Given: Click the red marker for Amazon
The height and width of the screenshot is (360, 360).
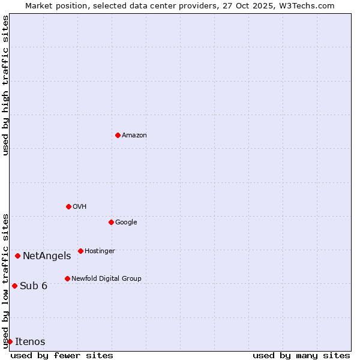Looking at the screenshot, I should pyautogui.click(x=118, y=135).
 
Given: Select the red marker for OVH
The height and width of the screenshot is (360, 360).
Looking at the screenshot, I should pyautogui.click(x=68, y=206).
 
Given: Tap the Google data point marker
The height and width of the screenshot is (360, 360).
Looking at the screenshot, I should pyautogui.click(x=111, y=222).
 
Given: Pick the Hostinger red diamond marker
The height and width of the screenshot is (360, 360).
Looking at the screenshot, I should pyautogui.click(x=80, y=251).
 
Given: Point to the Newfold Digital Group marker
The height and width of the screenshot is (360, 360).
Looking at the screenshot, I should pyautogui.click(x=67, y=278).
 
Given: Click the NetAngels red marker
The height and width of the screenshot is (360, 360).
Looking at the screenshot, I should pyautogui.click(x=17, y=256).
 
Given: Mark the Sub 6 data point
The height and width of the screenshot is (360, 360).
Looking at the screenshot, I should pyautogui.click(x=14, y=286).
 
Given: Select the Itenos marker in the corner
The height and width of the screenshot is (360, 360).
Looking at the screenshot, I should pyautogui.click(x=10, y=341).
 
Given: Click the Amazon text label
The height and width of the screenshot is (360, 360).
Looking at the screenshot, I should pyautogui.click(x=134, y=135).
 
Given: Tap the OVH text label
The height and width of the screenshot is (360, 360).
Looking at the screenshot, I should pyautogui.click(x=80, y=206).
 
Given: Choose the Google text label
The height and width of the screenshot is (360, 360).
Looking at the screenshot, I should pyautogui.click(x=126, y=222).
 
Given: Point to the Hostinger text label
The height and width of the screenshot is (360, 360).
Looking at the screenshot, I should pyautogui.click(x=100, y=251).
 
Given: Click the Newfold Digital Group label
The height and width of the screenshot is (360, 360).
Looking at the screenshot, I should pyautogui.click(x=106, y=278).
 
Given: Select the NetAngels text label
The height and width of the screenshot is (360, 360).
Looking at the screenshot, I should pyautogui.click(x=47, y=256).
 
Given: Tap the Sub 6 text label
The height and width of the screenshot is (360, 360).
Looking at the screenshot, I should pyautogui.click(x=34, y=286).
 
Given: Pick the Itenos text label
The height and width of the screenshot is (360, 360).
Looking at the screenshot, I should pyautogui.click(x=30, y=341).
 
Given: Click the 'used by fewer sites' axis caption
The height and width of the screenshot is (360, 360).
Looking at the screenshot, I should pyautogui.click(x=62, y=355).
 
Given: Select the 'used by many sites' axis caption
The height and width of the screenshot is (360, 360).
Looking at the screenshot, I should pyautogui.click(x=301, y=355).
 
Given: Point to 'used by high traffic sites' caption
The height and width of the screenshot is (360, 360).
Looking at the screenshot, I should pyautogui.click(x=5, y=85).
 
